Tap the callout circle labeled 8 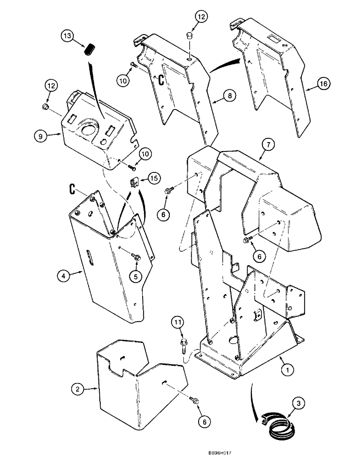[228, 96]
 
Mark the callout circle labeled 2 [78, 388]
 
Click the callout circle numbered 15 [154, 178]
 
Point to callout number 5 [136, 276]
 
